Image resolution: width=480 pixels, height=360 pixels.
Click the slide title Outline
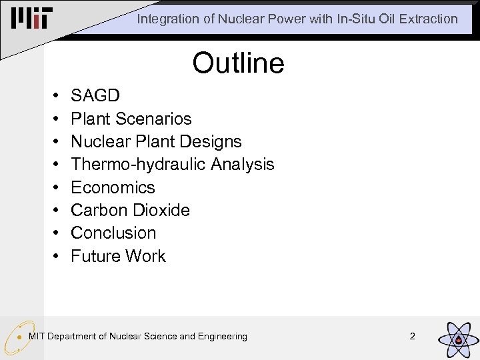tap(239, 63)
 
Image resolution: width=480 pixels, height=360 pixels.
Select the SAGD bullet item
tap(95, 96)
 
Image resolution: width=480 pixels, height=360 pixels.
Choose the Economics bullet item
tap(113, 187)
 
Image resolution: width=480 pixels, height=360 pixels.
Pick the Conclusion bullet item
tap(113, 233)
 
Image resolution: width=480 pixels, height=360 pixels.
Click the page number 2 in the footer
tap(412, 336)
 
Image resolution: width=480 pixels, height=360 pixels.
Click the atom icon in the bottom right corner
tap(457, 338)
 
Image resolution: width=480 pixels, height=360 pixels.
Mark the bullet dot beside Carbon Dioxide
tap(53, 211)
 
